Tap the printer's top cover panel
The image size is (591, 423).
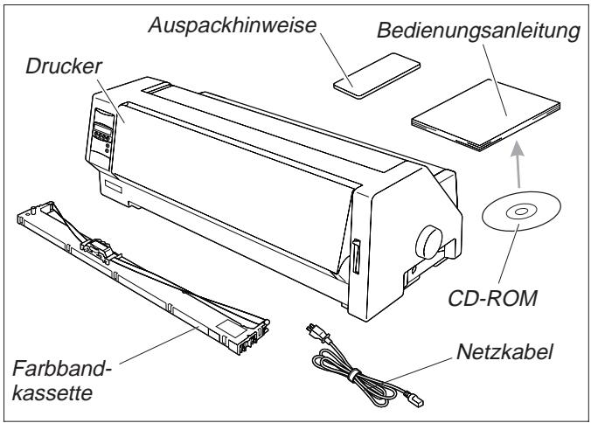tap(262, 131)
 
